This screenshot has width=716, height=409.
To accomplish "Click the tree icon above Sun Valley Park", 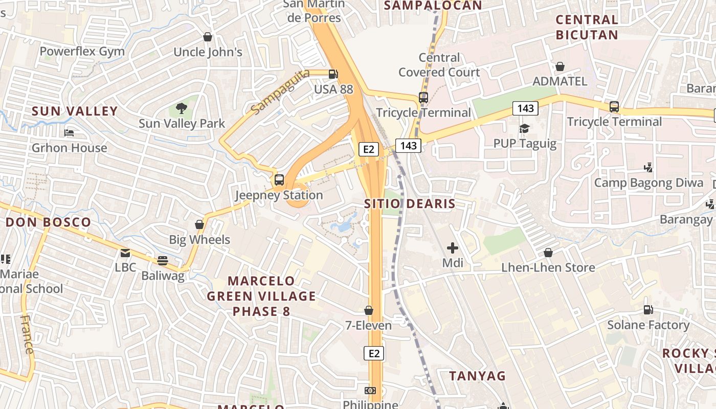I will [181, 108].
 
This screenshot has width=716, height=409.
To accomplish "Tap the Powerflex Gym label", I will [82, 52].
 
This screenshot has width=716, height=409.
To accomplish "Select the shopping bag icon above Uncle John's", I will [208, 37].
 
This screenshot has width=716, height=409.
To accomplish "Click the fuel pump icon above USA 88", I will [333, 74].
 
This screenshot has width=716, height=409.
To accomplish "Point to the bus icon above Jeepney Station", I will [279, 180].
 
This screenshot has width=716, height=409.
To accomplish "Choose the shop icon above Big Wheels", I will [199, 224].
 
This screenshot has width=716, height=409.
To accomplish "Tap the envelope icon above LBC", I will [125, 253].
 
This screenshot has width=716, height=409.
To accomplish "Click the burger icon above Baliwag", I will [163, 261].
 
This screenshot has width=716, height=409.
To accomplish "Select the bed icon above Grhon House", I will [70, 133].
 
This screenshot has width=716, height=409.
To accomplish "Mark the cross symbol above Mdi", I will [453, 248].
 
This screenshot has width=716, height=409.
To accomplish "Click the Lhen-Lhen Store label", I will [548, 267].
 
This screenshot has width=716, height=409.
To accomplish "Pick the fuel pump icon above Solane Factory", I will [648, 310].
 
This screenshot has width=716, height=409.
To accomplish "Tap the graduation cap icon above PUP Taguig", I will [524, 128].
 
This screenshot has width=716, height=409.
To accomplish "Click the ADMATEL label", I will [560, 81].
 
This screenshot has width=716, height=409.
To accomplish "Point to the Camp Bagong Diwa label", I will [648, 183].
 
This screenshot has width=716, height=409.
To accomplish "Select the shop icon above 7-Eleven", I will [368, 310].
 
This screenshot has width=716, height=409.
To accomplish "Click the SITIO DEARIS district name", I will [410, 204].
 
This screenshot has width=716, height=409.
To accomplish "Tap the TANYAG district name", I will [477, 376].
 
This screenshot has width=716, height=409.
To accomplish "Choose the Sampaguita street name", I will [280, 92].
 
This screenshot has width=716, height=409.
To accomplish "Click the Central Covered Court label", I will [439, 65].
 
